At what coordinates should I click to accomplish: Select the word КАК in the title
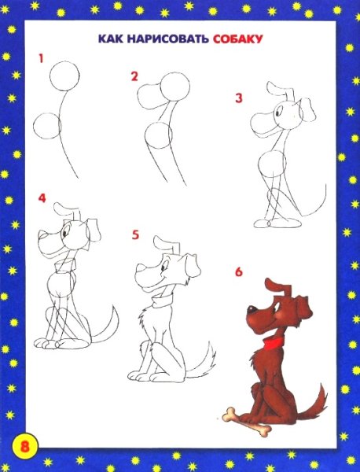[108, 39]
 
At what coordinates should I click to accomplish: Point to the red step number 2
[134, 76]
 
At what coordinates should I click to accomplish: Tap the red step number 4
[42, 197]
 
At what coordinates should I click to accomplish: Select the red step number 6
[238, 273]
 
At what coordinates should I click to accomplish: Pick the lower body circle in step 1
[48, 127]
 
